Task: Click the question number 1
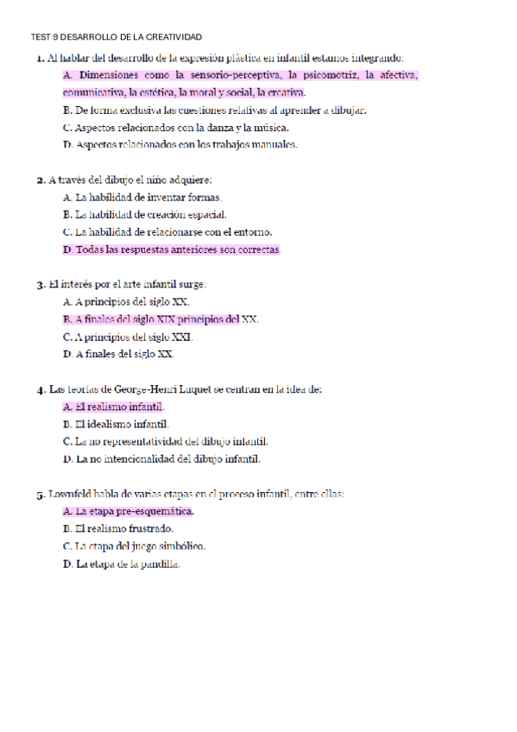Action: pyautogui.click(x=40, y=59)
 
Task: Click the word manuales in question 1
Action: pyautogui.click(x=277, y=145)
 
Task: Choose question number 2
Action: pyautogui.click(x=40, y=180)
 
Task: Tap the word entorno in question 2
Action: pyautogui.click(x=254, y=232)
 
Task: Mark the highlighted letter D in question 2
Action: pyautogui.click(x=67, y=249)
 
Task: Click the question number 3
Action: pyautogui.click(x=40, y=285)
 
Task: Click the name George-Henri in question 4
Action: pyautogui.click(x=144, y=389)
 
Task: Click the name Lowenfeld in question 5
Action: pyautogui.click(x=73, y=495)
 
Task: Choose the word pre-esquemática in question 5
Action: pyautogui.click(x=161, y=512)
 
